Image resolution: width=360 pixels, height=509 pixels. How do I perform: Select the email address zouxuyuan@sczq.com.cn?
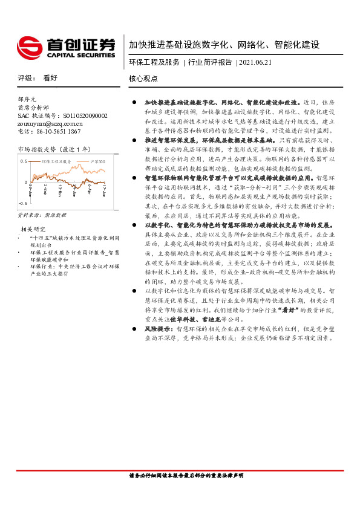click(x=51, y=123)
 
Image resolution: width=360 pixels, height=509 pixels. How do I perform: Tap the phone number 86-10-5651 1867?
click(x=57, y=131)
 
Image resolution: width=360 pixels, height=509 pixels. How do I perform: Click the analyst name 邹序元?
click(x=28, y=99)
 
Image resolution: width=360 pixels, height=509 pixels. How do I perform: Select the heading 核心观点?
click(x=143, y=79)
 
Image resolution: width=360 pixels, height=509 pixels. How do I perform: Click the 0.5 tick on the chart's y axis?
click(x=24, y=162)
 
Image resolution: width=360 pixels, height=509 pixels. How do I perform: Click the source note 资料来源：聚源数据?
click(x=42, y=215)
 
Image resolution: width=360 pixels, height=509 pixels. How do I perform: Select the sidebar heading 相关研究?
click(x=33, y=229)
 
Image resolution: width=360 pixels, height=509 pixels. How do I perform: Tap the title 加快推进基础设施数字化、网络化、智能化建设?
click(x=224, y=45)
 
